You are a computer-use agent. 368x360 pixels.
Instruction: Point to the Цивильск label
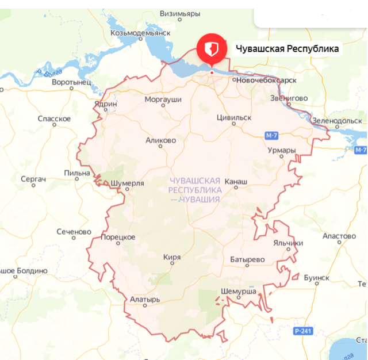[234, 117]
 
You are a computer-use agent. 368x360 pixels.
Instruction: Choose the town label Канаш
[235, 182]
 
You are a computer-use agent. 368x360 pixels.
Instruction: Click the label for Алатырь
[141, 300]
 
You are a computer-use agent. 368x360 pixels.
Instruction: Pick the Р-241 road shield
[302, 331]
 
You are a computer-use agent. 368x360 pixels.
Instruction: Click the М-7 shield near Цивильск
[272, 136]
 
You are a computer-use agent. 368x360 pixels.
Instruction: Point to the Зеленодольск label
[336, 121]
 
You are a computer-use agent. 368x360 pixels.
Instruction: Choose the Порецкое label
[118, 237]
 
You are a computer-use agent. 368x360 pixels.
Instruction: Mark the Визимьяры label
[180, 13]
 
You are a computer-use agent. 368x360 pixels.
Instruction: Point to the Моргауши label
[163, 99]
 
